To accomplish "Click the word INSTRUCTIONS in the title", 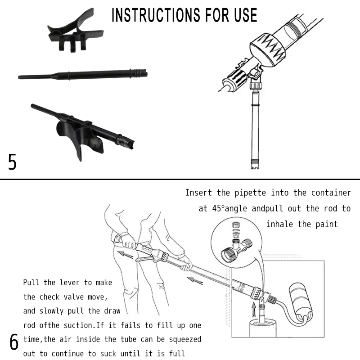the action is pos(156,15).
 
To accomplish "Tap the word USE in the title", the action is pos(245,15).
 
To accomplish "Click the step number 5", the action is pos(12,162).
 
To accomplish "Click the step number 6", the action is pos(14,342).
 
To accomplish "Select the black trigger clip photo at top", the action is pos(75,32).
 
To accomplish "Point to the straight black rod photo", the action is pos(83,74).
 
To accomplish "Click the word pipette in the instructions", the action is pos(250,193).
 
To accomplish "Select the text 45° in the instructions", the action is pos(218,208).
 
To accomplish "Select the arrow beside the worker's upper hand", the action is pos(126,254).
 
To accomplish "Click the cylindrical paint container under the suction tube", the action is pos(263,328).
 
